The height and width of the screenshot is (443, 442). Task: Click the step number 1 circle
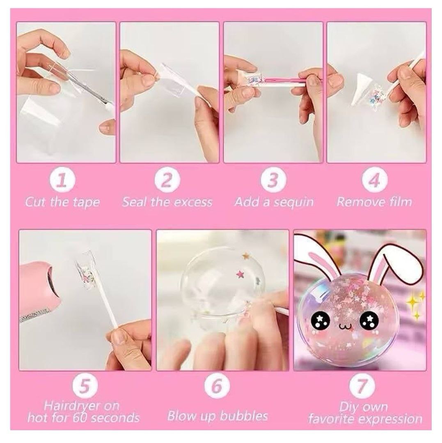pos(62,180)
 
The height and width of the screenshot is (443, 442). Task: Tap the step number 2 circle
pos(167,180)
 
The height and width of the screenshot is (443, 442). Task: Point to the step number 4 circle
pos(375,180)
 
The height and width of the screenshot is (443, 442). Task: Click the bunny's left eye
pos(320,321)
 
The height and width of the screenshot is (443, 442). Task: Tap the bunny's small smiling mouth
pos(344,327)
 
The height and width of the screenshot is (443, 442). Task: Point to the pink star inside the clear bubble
pos(240,274)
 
